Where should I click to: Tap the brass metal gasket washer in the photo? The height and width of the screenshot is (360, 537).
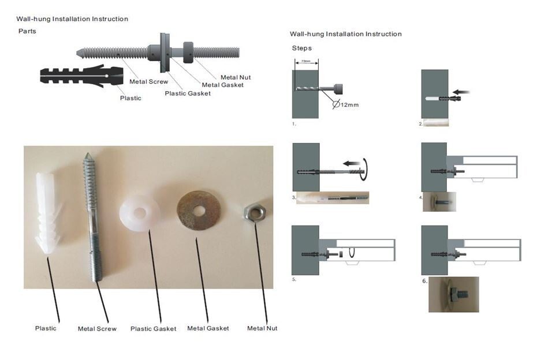tap(199, 211)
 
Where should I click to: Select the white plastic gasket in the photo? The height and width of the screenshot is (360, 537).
tap(139, 213)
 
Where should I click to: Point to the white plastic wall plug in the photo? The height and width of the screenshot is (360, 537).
tap(47, 213)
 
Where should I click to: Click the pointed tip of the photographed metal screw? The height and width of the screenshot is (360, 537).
tap(88, 155)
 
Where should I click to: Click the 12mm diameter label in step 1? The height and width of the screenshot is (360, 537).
tap(346, 104)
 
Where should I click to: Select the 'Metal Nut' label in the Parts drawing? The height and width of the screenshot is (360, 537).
tap(236, 77)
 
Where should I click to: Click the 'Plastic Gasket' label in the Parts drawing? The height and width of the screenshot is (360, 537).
tap(188, 93)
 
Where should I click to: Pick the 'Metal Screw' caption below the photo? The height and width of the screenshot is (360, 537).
tap(97, 328)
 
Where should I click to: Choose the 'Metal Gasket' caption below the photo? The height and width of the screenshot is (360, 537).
tap(208, 328)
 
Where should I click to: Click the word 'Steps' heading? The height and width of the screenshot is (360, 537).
tap(302, 48)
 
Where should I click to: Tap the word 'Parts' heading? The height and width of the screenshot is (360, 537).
tap(27, 31)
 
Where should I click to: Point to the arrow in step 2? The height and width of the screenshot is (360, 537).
tap(461, 92)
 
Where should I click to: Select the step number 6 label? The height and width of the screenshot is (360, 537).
tap(424, 281)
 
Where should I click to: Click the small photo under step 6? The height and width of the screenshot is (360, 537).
tap(454, 294)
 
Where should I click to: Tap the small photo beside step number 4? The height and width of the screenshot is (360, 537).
tap(439, 201)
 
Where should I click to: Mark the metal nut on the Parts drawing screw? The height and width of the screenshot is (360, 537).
tap(188, 52)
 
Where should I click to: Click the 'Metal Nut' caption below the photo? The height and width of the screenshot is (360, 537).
tap(262, 328)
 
